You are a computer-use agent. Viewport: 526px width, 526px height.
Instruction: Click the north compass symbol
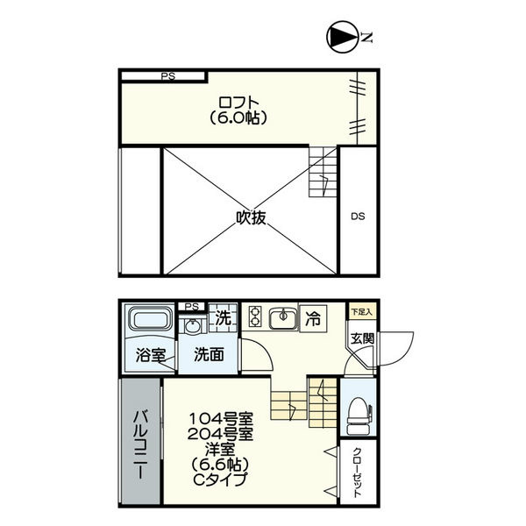click(342, 38)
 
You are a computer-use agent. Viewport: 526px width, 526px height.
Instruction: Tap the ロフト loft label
click(238, 102)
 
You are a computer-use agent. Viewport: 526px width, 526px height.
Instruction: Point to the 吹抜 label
click(252, 218)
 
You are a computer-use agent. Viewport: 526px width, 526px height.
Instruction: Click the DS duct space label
click(358, 217)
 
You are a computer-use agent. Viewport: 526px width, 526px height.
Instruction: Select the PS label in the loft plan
click(168, 76)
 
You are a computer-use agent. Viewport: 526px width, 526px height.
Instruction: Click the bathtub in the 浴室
click(149, 318)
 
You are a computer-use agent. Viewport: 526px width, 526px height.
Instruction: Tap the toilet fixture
click(359, 416)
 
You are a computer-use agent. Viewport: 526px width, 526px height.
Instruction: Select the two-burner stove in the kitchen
click(255, 317)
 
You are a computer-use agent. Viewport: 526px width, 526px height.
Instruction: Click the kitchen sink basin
click(283, 318)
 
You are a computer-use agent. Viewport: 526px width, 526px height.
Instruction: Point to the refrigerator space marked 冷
click(313, 319)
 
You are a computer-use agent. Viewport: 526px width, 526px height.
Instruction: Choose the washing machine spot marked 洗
click(223, 317)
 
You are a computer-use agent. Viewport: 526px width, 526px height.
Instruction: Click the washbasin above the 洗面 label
click(191, 326)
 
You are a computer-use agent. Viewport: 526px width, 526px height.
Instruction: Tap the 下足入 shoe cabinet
click(361, 311)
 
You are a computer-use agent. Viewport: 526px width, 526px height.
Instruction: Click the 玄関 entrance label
click(362, 338)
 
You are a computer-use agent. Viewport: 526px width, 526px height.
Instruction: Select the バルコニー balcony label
click(141, 444)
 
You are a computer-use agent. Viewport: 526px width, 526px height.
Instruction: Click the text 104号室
click(221, 419)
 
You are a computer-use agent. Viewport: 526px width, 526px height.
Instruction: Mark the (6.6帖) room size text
click(220, 465)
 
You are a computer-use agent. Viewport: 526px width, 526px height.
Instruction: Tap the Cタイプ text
click(220, 479)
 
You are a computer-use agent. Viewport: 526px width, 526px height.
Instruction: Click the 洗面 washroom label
click(209, 354)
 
